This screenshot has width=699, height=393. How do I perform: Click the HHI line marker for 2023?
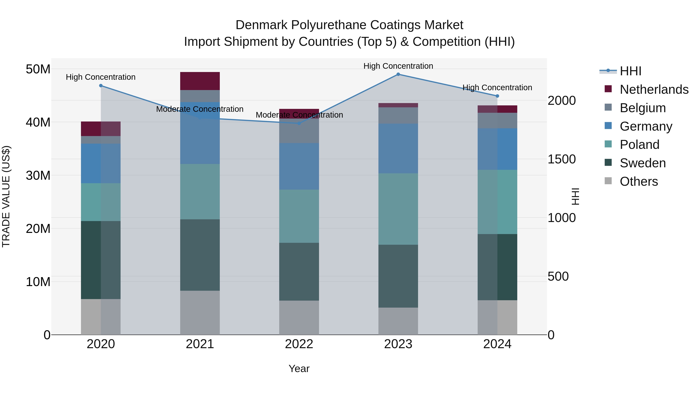[398, 74]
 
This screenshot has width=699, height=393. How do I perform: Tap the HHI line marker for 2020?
[101, 86]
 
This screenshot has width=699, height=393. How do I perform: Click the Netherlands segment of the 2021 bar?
[200, 81]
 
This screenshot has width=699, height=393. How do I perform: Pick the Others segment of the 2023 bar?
[398, 321]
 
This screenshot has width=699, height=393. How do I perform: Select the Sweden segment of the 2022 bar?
[299, 272]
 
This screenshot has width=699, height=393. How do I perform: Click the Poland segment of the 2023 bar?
[398, 209]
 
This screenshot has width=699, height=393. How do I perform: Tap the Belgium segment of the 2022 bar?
[299, 131]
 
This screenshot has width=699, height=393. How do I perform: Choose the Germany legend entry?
[646, 126]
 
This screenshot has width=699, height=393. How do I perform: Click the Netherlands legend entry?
[654, 89]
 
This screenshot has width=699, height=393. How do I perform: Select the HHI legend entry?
[630, 71]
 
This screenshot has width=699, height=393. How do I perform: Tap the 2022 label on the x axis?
[299, 344]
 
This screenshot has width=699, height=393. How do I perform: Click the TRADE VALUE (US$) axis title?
[6, 196]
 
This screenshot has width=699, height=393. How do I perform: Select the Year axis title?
[299, 369]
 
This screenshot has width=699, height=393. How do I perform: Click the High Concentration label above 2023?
[398, 66]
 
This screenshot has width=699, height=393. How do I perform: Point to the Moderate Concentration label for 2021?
[200, 109]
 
